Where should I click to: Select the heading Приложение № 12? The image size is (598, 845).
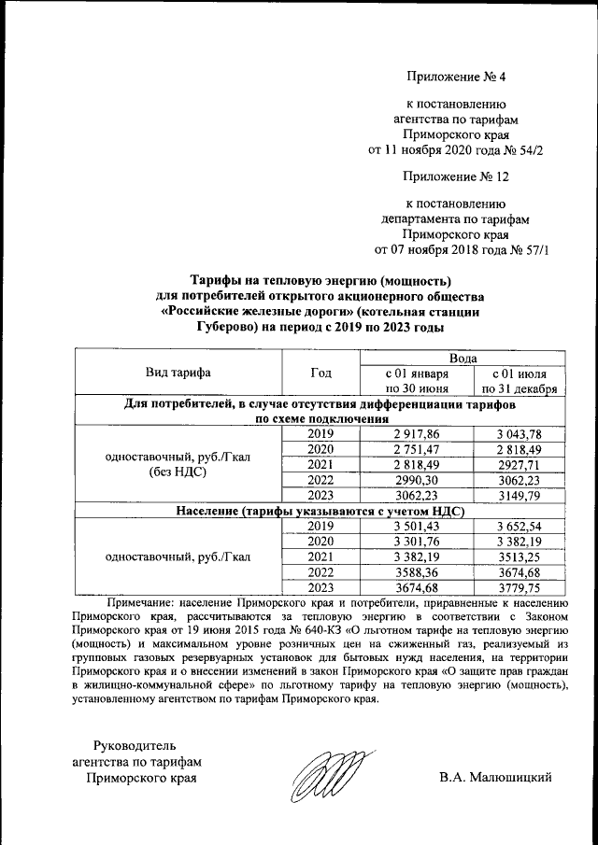pyautogui.click(x=457, y=176)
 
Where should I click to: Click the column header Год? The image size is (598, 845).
pyautogui.click(x=320, y=373)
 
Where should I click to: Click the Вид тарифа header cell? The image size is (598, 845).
pyautogui.click(x=178, y=373)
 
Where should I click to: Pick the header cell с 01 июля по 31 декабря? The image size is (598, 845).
pyautogui.click(x=520, y=381)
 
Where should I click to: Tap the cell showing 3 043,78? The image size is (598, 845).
pyautogui.click(x=520, y=434)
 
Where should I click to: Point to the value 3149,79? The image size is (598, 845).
pyautogui.click(x=520, y=496)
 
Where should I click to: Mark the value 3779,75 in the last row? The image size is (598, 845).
pyautogui.click(x=520, y=587)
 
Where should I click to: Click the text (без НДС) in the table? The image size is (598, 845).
pyautogui.click(x=178, y=473)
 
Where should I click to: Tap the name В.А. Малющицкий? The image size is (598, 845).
pyautogui.click(x=496, y=777)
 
